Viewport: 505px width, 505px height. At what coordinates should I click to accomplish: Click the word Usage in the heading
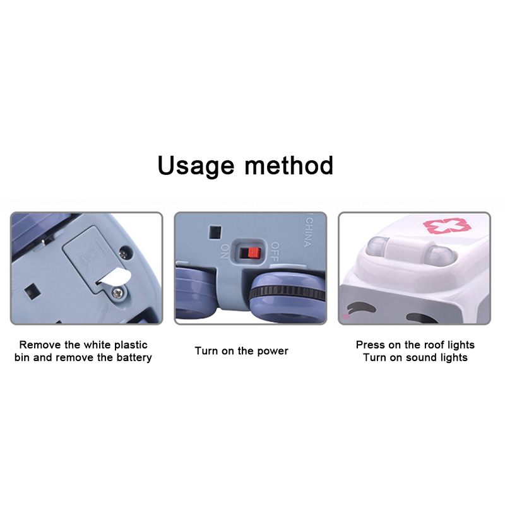click(196, 166)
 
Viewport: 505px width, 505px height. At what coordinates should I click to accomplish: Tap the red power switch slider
click(254, 253)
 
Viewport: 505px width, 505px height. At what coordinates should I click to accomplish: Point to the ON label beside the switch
click(225, 251)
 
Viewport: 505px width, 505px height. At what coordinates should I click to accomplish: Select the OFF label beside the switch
click(275, 251)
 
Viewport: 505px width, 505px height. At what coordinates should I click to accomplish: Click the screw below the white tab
click(117, 293)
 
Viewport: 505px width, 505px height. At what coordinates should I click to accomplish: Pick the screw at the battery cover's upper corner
click(124, 253)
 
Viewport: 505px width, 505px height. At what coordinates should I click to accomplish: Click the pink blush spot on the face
click(345, 317)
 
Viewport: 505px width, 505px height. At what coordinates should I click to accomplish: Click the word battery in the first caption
click(134, 358)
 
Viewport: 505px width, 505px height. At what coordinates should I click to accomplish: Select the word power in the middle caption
click(273, 352)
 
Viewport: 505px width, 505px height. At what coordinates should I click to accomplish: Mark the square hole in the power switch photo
click(215, 232)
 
